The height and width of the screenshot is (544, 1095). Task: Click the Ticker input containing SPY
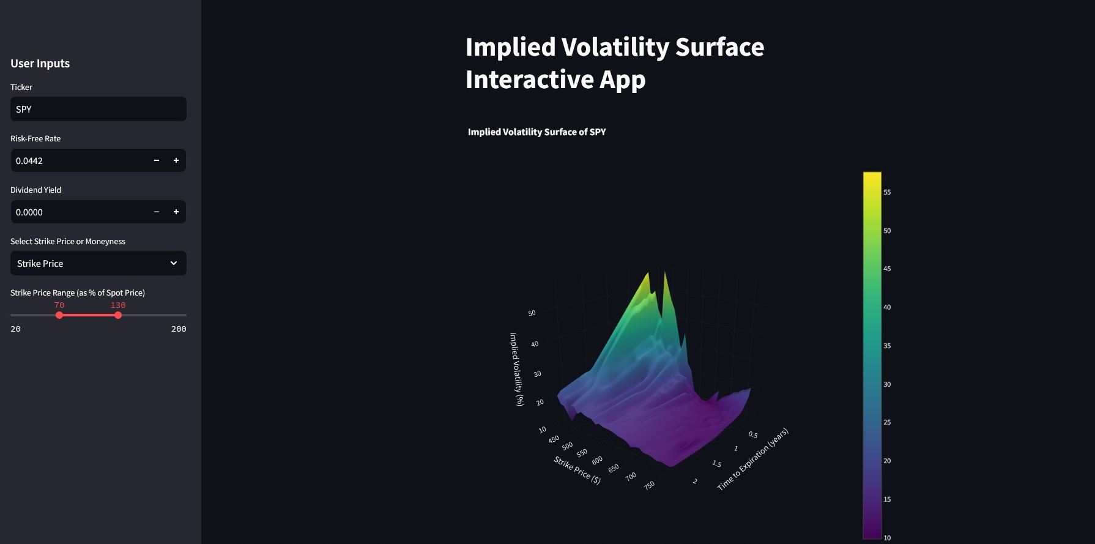click(98, 109)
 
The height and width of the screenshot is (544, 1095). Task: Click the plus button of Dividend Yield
click(176, 212)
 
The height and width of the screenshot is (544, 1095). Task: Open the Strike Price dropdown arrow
click(174, 263)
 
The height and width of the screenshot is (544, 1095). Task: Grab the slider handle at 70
click(59, 315)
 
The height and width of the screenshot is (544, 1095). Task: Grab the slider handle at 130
click(118, 315)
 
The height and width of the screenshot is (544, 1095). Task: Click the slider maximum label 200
click(179, 329)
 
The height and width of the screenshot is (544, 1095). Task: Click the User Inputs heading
click(40, 64)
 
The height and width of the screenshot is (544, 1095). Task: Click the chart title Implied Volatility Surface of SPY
click(536, 132)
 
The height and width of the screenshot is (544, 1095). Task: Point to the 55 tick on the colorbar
click(887, 192)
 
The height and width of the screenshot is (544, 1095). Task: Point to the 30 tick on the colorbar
click(887, 384)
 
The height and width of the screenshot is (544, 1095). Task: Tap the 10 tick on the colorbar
click(887, 538)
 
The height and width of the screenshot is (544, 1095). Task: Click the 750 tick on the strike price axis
click(649, 485)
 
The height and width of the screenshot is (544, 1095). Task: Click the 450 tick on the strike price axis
click(554, 439)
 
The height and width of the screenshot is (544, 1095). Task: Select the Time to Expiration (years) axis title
click(752, 459)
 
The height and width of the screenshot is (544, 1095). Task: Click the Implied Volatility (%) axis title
click(517, 369)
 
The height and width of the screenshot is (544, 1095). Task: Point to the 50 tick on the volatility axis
click(532, 313)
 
